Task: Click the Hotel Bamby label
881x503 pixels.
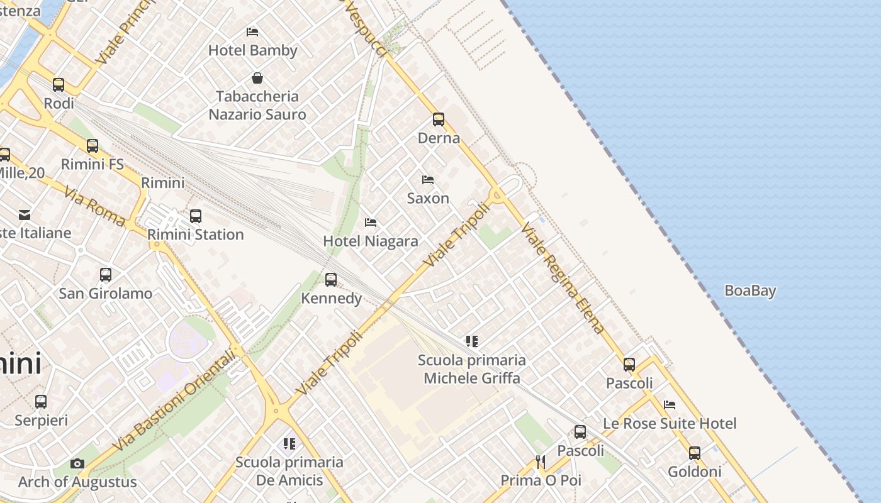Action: [252, 50]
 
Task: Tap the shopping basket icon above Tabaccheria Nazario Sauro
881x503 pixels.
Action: [257, 78]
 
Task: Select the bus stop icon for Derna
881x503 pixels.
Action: [439, 119]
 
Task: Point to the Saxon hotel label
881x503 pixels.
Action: [428, 198]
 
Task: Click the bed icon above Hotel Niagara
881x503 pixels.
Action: [371, 223]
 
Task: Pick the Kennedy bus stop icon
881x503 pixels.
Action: [331, 279]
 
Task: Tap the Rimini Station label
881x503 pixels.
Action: [195, 235]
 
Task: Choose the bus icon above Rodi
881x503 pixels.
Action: [59, 84]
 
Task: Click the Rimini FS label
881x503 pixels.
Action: [92, 164]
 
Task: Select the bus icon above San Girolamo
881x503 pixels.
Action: [106, 275]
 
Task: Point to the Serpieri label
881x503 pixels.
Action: [41, 420]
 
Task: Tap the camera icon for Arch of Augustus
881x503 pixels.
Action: [77, 464]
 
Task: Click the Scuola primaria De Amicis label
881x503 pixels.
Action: [289, 471]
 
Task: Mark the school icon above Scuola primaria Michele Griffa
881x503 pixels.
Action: [472, 341]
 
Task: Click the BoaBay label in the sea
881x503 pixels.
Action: [750, 290]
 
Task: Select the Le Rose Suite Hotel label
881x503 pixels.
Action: [670, 423]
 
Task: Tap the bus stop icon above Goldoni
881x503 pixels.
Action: [695, 453]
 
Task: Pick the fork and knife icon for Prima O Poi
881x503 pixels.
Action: [541, 462]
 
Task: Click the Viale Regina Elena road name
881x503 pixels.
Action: [563, 277]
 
